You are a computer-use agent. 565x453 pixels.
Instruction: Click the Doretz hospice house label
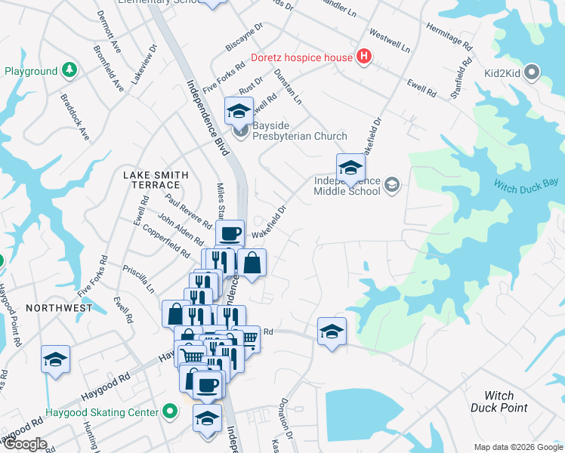[301, 57]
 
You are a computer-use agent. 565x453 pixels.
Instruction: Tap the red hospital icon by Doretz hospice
[364, 57]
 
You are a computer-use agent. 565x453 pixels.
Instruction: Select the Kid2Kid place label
[502, 73]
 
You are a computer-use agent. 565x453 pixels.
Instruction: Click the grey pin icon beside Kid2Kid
[533, 73]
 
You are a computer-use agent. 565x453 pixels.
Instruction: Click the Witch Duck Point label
[499, 402]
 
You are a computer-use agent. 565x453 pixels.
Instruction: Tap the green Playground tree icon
[69, 71]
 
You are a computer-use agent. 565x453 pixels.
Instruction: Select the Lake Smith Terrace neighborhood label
[156, 180]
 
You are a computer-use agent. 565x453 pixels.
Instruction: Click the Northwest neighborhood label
[58, 308]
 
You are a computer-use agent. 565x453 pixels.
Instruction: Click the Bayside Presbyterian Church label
[299, 131]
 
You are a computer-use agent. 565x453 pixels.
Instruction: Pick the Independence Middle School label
[347, 186]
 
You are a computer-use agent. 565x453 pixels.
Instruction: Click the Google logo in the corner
[24, 444]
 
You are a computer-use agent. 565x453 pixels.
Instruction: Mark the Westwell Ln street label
[390, 42]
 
